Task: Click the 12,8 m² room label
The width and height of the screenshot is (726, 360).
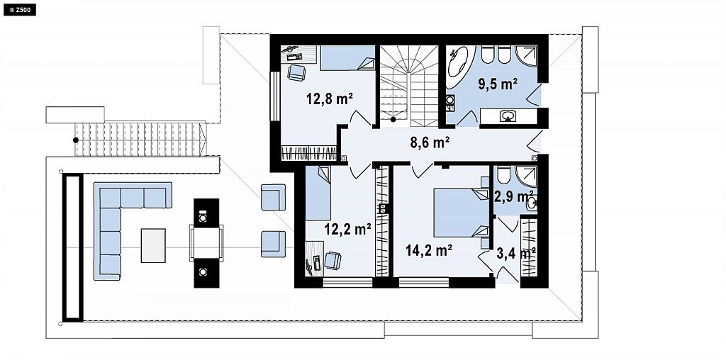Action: (x=330, y=98)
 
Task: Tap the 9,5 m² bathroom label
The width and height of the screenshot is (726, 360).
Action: (x=497, y=84)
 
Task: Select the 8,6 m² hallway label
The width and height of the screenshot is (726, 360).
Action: (x=431, y=143)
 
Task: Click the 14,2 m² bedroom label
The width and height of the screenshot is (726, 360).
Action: (x=429, y=250)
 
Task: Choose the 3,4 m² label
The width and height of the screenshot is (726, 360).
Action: (x=516, y=253)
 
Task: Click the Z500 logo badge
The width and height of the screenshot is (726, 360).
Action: (x=19, y=9)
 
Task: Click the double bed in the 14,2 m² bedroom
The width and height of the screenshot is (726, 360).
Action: (x=462, y=213)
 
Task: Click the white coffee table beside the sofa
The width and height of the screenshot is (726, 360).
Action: (x=153, y=245)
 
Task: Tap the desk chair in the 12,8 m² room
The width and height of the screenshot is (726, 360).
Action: (x=296, y=73)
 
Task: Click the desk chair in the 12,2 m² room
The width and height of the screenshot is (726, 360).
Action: (x=333, y=260)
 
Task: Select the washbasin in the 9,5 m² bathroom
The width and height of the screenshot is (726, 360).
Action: (x=508, y=116)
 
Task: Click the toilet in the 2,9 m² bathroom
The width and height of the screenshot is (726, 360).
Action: (x=503, y=174)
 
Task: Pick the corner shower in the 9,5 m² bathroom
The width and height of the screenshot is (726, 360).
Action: (x=527, y=57)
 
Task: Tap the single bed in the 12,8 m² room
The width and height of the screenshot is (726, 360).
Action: (x=347, y=58)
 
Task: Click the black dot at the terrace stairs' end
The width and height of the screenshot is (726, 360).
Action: (x=75, y=140)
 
